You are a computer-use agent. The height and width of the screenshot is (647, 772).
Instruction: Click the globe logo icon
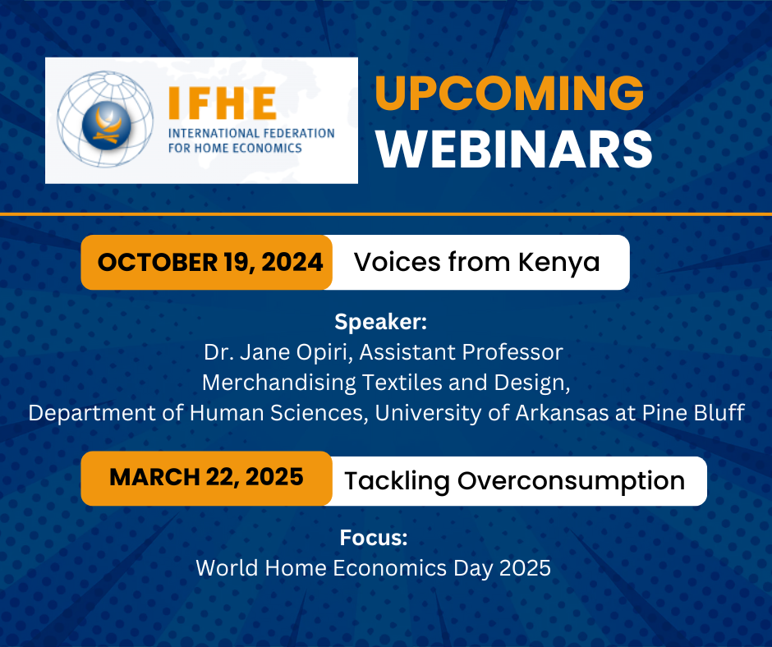point(105,119)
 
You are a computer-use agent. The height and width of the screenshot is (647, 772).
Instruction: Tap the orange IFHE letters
point(222,103)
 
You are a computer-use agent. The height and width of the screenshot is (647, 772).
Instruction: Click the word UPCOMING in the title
point(509,93)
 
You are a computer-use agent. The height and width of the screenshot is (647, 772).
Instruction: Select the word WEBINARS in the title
point(514,149)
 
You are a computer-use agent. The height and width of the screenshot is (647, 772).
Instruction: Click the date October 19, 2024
point(210,262)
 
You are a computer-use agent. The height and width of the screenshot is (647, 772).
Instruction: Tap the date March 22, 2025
point(206,477)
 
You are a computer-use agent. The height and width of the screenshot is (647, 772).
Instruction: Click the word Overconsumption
point(571,481)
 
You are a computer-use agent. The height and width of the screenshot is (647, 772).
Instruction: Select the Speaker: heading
point(380,322)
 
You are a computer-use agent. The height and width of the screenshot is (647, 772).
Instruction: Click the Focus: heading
point(374,538)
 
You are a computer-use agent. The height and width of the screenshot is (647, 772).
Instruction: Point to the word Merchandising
point(278,383)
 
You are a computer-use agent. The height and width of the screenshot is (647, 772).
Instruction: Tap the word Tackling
point(397,481)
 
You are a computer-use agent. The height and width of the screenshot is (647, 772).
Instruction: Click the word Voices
point(397,262)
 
